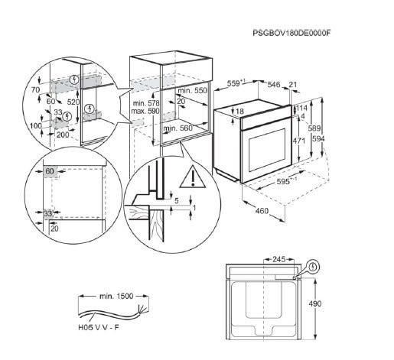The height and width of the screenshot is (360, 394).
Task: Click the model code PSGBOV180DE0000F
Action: coord(291,33)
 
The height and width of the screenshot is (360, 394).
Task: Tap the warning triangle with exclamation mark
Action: coord(193,177)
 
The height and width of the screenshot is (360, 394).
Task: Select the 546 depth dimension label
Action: coord(274,84)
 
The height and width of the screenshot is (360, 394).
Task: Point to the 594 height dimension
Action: coord(318,138)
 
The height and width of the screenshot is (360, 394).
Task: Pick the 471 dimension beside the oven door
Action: coord(298,141)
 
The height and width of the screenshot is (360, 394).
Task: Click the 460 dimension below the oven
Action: coord(262,211)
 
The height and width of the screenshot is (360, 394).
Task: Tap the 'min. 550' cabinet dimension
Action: coord(192,90)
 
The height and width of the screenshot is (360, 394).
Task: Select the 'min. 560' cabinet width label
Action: coord(177,128)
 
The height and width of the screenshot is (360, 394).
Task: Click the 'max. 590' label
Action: coord(145,111)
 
